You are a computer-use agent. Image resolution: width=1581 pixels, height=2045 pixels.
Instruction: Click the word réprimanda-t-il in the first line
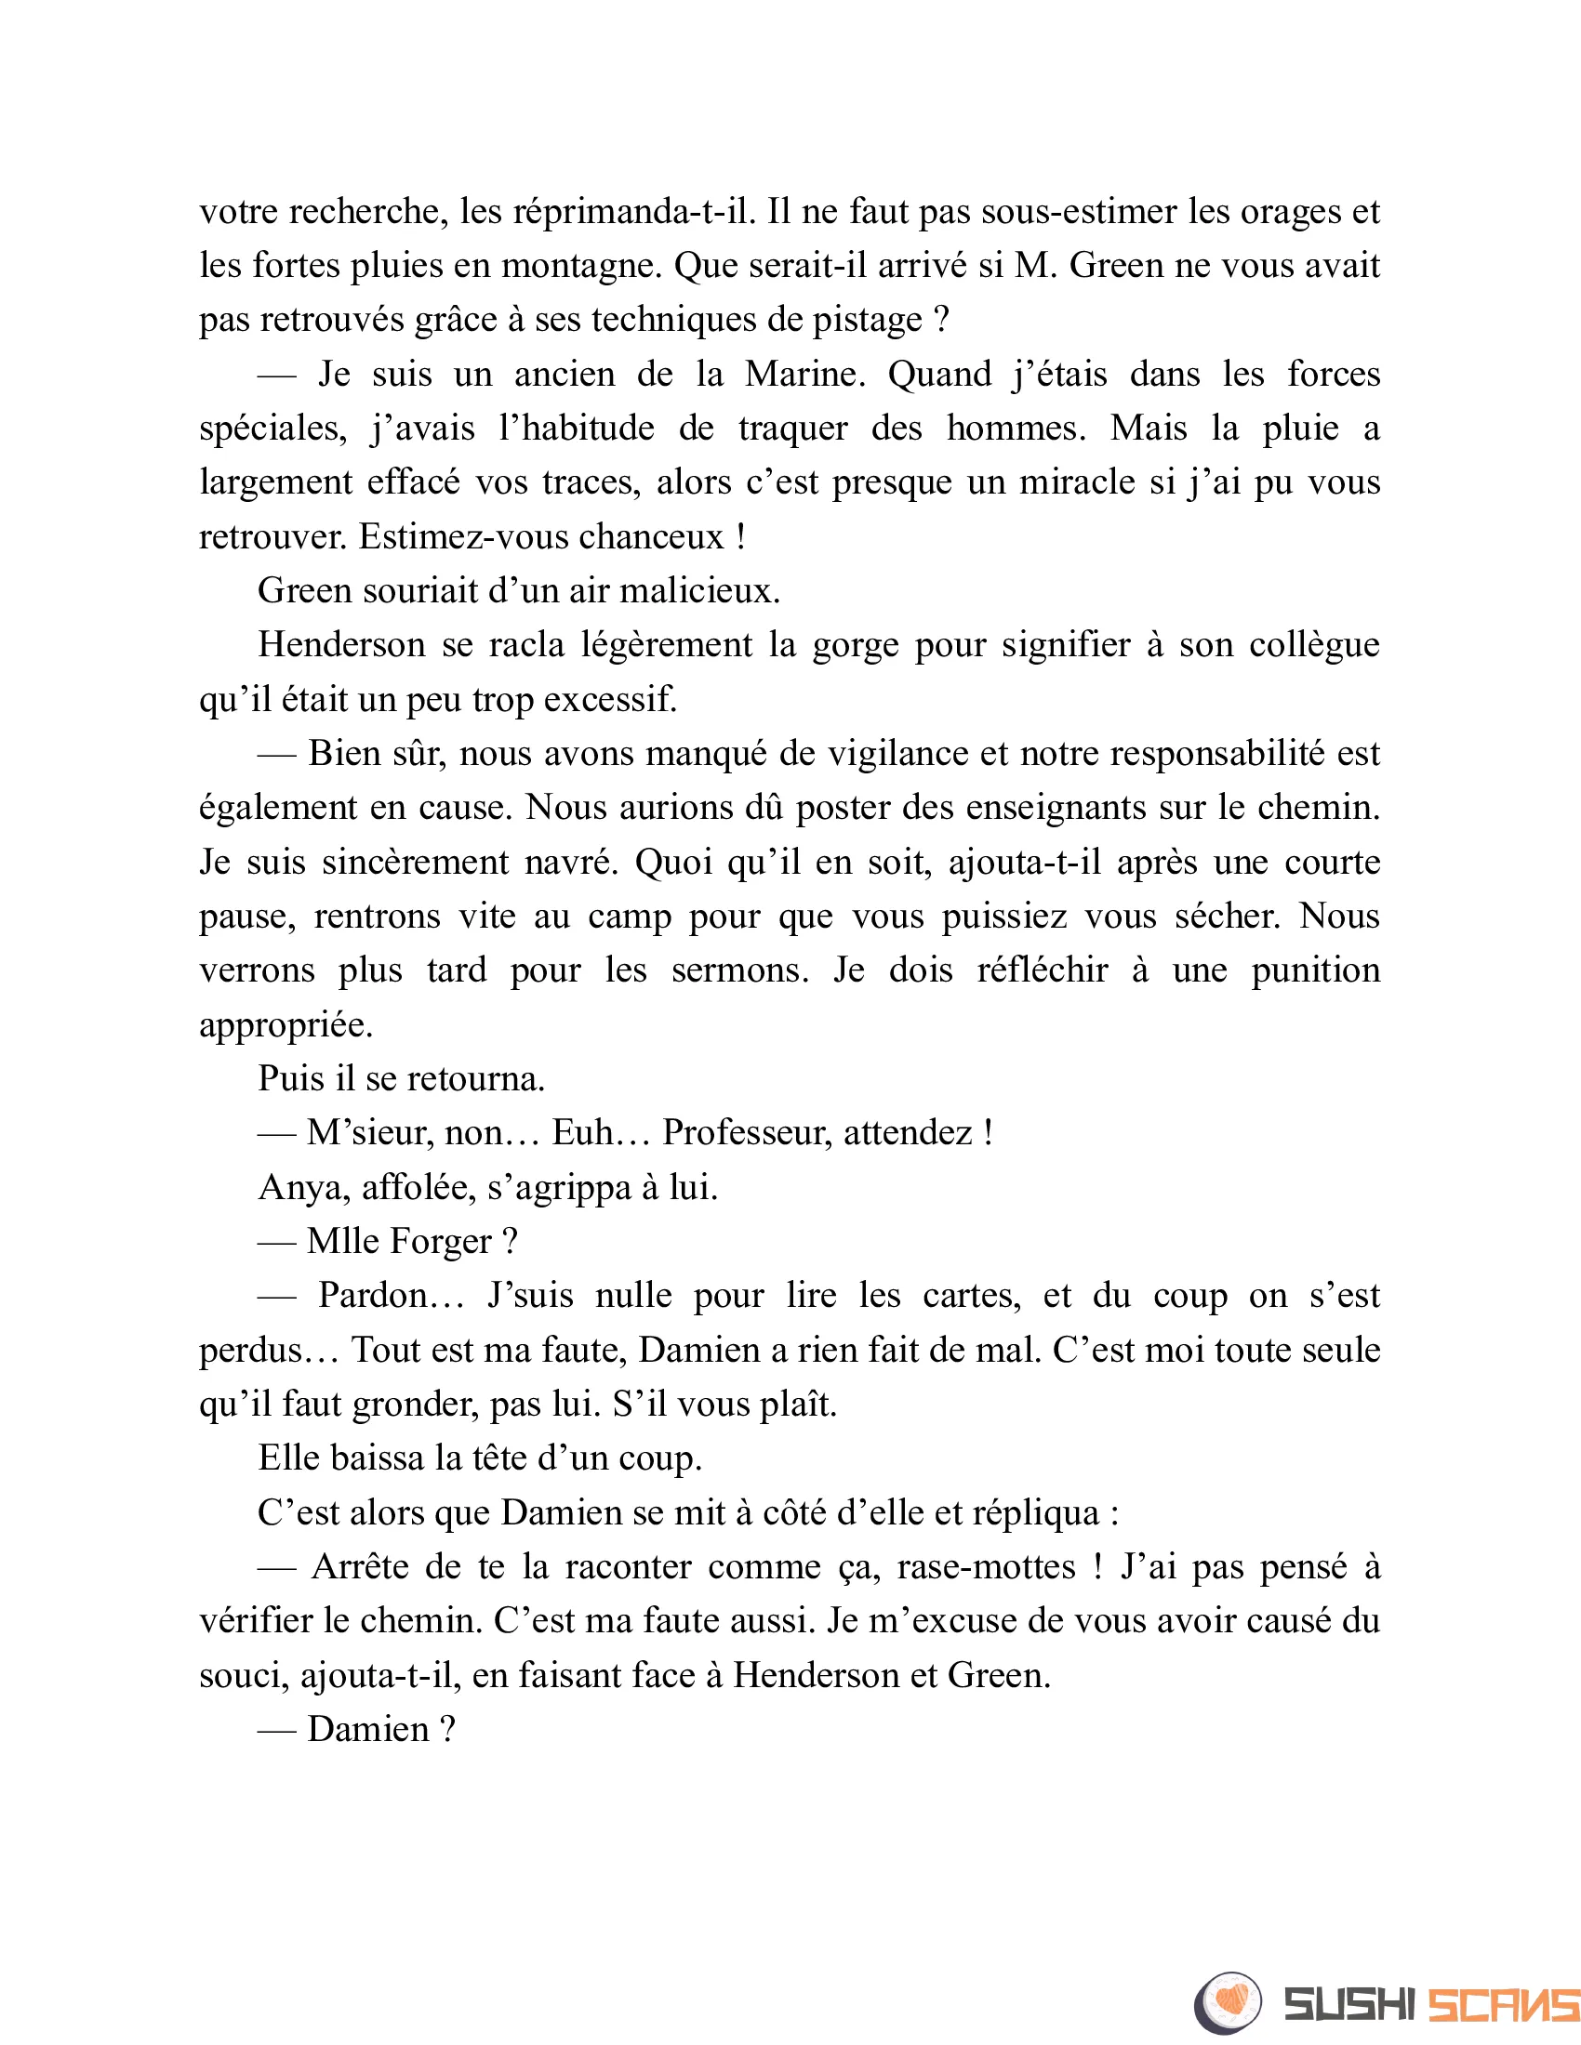[x=633, y=212]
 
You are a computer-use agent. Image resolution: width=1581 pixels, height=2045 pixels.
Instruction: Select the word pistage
[x=867, y=321]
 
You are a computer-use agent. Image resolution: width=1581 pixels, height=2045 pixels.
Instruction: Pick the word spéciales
[x=272, y=429]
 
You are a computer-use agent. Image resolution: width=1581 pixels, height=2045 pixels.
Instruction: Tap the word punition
[x=1316, y=970]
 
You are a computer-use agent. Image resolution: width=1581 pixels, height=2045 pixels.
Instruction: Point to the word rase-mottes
[x=986, y=1566]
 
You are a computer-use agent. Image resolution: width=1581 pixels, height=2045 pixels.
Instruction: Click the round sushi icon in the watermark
[x=1227, y=2004]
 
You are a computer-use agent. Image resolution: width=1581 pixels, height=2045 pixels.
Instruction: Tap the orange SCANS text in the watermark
[x=1503, y=2005]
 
